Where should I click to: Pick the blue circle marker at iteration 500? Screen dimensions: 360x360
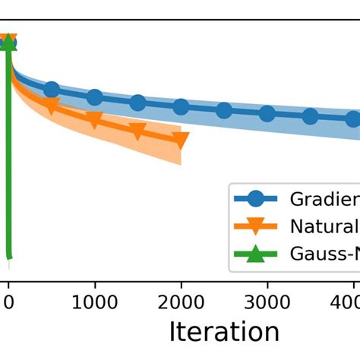(52, 90)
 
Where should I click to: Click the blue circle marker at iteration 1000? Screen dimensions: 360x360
(94, 97)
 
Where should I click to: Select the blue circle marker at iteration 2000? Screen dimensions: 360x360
(181, 107)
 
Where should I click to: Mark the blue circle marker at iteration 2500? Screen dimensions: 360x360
(224, 111)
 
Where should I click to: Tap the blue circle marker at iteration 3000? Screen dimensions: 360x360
(267, 114)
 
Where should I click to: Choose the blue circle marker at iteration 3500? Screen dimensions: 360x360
(310, 116)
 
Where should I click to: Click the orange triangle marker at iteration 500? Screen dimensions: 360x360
(52, 106)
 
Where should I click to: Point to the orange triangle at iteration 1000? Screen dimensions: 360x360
(94, 120)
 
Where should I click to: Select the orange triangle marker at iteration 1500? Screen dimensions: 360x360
(137, 131)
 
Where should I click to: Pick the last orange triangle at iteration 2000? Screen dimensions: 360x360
(181, 140)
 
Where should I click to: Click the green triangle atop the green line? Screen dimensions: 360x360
(8, 42)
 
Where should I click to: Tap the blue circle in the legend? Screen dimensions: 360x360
(257, 199)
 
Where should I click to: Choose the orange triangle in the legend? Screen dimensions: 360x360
(257, 226)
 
